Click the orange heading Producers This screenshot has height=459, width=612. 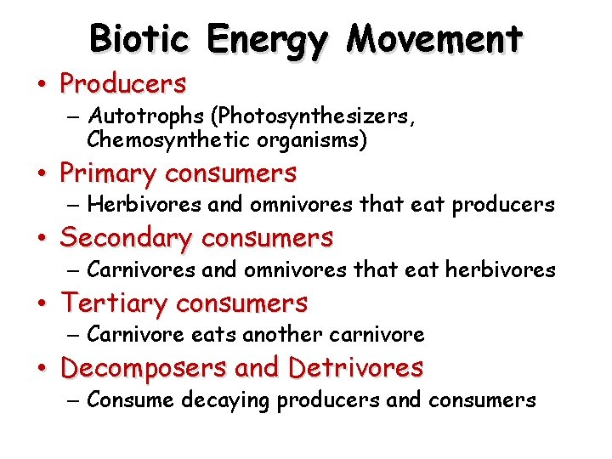(123, 83)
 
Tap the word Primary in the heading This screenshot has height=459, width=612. (108, 174)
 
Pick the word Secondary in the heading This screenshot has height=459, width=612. (127, 238)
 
